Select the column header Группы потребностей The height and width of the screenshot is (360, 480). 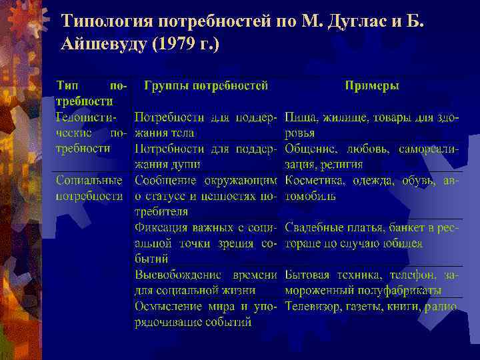207,86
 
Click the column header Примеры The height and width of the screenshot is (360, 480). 372,86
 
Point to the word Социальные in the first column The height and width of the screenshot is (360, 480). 89,180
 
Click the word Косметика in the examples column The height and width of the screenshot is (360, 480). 313,180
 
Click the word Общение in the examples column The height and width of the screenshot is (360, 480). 310,149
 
